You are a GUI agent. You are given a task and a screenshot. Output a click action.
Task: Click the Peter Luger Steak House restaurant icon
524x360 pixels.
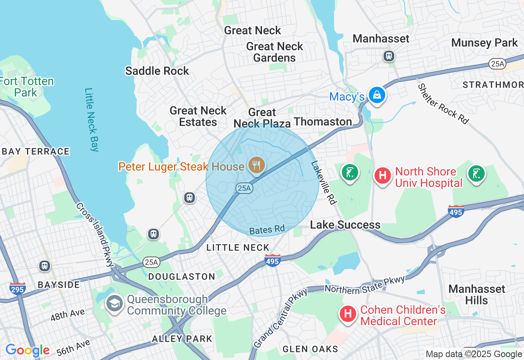[x=257, y=165]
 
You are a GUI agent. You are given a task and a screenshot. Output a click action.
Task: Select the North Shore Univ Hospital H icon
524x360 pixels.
[x=383, y=175]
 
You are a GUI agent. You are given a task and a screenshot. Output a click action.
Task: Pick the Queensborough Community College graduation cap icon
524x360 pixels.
[x=114, y=303]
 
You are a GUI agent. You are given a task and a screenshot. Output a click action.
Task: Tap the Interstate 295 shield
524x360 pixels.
[x=18, y=288]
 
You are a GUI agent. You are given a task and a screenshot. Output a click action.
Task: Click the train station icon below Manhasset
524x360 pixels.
[x=388, y=56]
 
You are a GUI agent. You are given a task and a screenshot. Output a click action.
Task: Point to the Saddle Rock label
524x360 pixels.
[x=157, y=71]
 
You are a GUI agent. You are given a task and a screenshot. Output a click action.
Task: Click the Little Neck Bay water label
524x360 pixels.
[x=92, y=119]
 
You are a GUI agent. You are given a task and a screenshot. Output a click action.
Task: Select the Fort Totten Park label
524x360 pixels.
[x=26, y=87]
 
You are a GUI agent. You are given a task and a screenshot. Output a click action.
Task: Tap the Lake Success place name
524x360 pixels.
[x=345, y=225]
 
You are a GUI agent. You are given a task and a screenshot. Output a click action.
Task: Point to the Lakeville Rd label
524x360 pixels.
[x=323, y=182]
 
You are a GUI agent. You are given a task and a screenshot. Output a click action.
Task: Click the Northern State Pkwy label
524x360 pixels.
[x=365, y=285]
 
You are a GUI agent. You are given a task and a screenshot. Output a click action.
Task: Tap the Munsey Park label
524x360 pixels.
[x=484, y=43]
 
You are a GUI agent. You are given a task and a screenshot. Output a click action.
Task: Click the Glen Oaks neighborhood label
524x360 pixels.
[x=310, y=349]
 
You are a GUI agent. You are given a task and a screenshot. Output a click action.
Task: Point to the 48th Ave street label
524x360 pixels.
[x=68, y=315]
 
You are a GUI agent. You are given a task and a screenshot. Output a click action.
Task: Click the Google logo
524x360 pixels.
[x=27, y=350]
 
